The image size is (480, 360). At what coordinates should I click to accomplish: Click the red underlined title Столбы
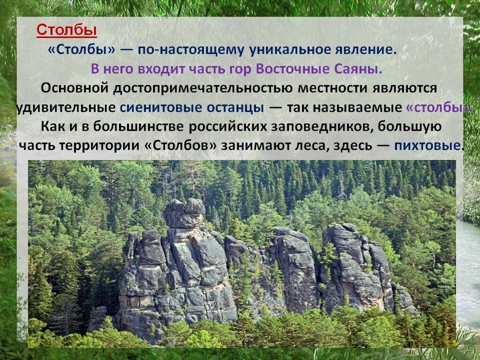click(x=67, y=30)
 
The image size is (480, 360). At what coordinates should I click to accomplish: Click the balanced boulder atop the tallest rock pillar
click(x=184, y=213)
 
